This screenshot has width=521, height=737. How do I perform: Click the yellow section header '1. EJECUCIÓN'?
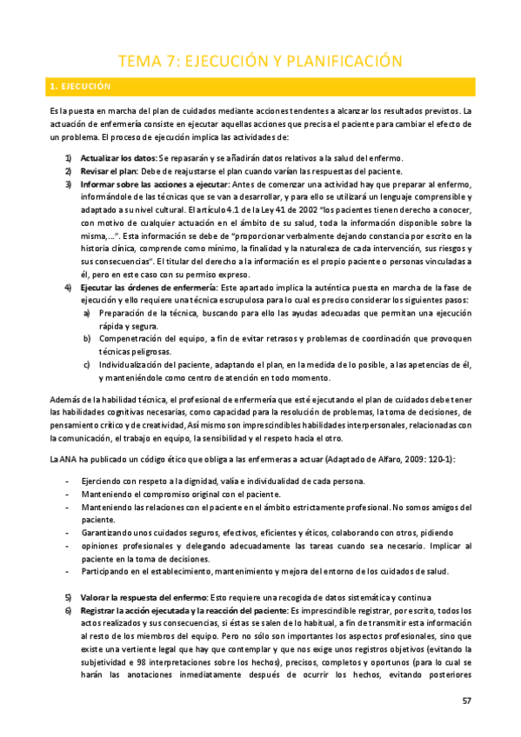pos(81,87)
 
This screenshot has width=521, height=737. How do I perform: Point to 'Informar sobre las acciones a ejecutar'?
pos(154,185)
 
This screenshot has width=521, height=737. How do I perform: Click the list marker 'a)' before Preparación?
pos(86,312)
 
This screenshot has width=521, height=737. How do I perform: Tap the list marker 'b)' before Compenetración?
pos(86,337)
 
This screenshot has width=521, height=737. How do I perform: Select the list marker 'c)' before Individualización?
pos(86,363)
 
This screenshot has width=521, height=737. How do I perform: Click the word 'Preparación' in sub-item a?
pos(124,312)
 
